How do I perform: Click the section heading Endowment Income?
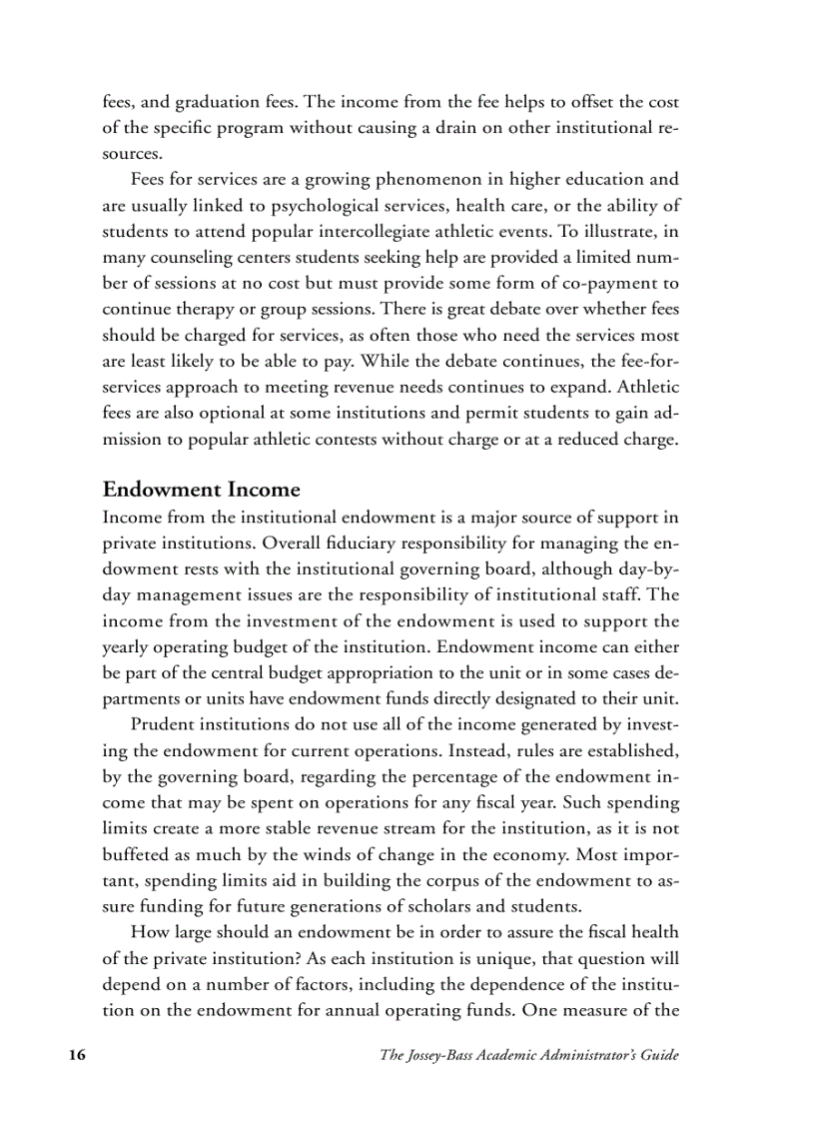(x=201, y=490)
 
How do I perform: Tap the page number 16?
(x=76, y=1055)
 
